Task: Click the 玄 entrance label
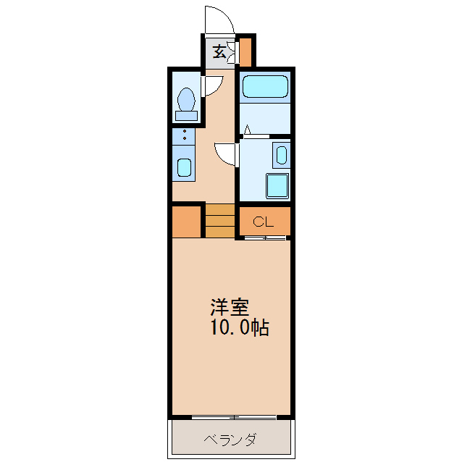tap(217, 51)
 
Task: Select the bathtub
tap(265, 86)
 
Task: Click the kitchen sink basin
tap(184, 168)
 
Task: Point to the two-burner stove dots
tap(184, 135)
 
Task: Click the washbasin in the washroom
tap(281, 154)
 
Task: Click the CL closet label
tap(263, 221)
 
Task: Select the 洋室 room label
tap(230, 307)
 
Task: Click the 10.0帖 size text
tap(240, 328)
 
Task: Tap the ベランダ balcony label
tap(230, 440)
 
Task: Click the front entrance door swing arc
tap(219, 19)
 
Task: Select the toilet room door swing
tap(213, 86)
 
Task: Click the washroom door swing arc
tap(226, 153)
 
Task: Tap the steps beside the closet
tap(219, 221)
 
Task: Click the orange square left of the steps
tap(187, 222)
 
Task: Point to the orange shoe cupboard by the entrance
tap(245, 51)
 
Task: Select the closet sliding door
tap(265, 238)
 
